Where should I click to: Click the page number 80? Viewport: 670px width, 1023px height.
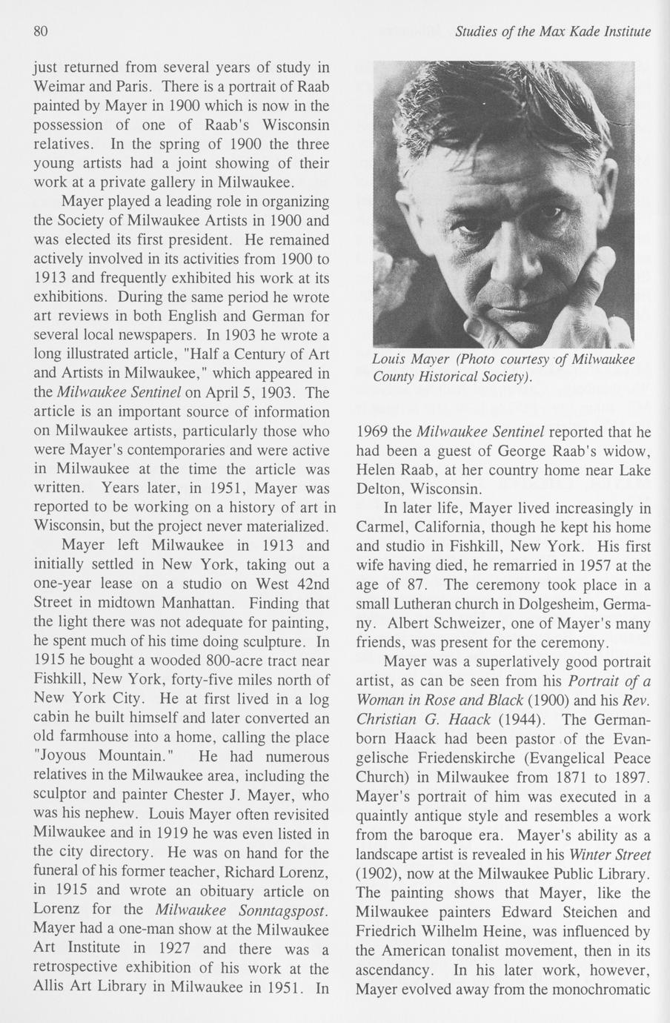click(41, 32)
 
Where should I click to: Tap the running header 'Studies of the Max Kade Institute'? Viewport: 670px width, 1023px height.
click(553, 32)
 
